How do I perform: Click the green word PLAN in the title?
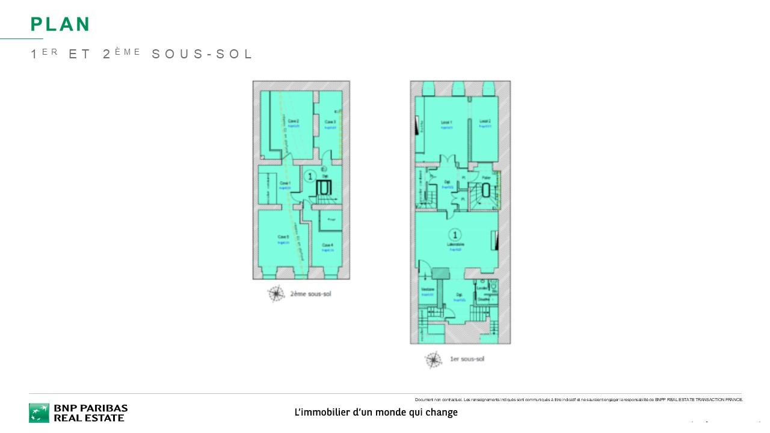[60, 24]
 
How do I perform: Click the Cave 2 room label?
[294, 121]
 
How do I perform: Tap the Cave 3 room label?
[330, 122]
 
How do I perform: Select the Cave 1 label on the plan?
[285, 183]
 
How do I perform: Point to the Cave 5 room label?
[284, 237]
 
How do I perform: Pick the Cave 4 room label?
[327, 245]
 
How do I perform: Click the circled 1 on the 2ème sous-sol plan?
[309, 176]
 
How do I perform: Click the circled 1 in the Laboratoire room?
[456, 235]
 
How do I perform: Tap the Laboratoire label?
[455, 245]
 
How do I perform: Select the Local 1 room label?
[446, 122]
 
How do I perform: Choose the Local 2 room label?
[485, 122]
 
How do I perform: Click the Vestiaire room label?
[427, 290]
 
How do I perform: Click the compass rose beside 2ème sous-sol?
[276, 293]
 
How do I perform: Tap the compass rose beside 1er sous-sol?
[433, 360]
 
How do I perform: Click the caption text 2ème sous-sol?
[310, 294]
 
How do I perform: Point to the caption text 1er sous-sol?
[467, 359]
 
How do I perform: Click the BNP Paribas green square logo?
[39, 413]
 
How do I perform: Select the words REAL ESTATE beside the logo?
[89, 418]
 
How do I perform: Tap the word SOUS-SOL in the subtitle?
[202, 54]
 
